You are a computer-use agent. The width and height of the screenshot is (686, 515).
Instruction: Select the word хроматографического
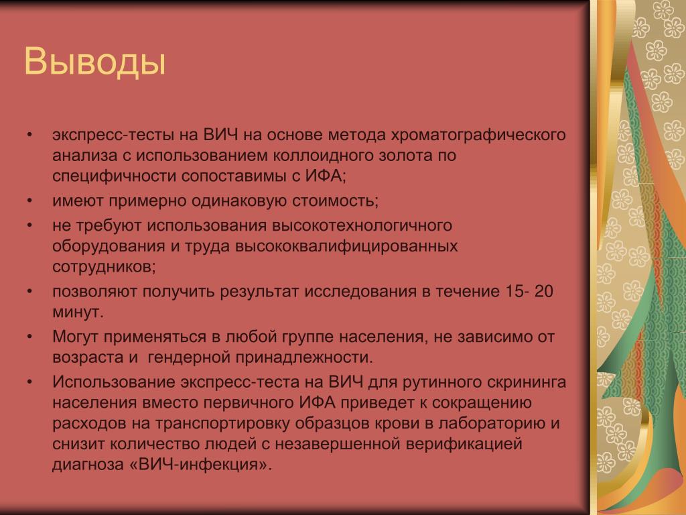coord(478,135)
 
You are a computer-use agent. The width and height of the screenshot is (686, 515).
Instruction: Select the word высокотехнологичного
coord(362,225)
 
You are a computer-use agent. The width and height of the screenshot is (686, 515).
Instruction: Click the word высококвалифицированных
coord(346,246)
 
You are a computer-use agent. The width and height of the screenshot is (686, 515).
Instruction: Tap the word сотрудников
coord(104,266)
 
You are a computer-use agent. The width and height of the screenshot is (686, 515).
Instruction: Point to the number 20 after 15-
coord(543,291)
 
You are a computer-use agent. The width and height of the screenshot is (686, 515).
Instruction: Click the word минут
coord(78,312)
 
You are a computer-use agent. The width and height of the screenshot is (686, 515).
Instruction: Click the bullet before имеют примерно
coord(29,201)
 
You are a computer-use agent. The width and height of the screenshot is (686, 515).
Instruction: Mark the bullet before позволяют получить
coord(29,291)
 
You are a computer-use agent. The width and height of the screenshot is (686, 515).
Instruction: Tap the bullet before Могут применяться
coord(29,337)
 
